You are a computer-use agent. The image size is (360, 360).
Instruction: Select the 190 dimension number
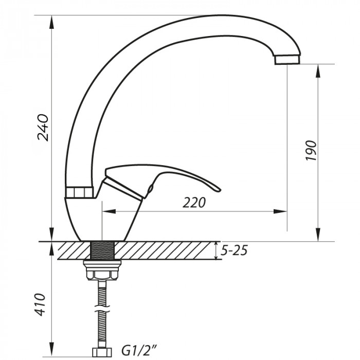(x=312, y=151)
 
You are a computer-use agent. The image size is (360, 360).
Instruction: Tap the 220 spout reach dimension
(x=194, y=203)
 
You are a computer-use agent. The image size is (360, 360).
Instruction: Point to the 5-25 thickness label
(x=234, y=250)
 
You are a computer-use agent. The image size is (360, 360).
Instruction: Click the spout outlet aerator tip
(x=286, y=60)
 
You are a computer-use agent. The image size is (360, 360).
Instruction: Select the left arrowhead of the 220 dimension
(x=109, y=211)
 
